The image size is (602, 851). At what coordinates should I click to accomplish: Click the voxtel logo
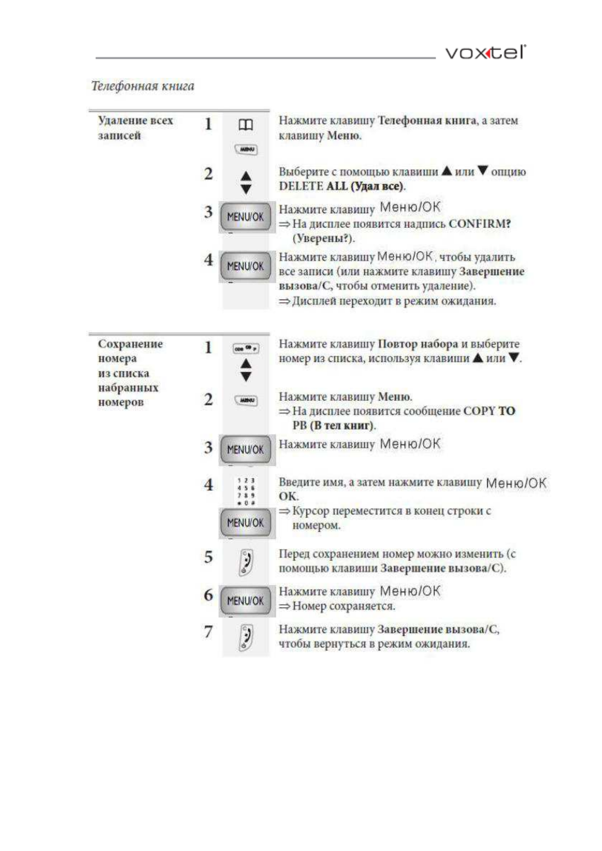[x=485, y=52]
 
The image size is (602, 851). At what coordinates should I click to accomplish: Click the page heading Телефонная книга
[x=143, y=86]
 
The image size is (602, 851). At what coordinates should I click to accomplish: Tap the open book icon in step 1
[x=246, y=125]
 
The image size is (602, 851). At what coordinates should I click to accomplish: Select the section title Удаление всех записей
[x=135, y=127]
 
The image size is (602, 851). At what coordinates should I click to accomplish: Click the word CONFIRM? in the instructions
[x=480, y=223]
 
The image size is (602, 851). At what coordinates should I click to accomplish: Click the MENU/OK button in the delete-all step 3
[x=246, y=217]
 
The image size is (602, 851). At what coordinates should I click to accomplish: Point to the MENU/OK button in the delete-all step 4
[x=246, y=266]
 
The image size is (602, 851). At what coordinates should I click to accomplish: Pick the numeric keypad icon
[x=246, y=492]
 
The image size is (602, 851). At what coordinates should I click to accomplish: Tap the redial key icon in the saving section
[x=246, y=348]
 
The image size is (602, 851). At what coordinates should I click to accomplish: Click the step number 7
[x=208, y=631]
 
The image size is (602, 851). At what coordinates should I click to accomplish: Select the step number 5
[x=208, y=557]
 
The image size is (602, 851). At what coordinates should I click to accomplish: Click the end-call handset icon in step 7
[x=246, y=638]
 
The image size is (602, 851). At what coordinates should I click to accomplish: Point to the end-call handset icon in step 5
[x=246, y=562]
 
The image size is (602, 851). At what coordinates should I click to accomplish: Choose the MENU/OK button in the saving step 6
[x=246, y=601]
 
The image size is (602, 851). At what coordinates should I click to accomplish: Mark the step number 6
[x=208, y=595]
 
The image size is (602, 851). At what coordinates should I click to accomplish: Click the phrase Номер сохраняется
[x=344, y=606]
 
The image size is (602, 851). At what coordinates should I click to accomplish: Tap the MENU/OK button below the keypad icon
[x=246, y=523]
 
